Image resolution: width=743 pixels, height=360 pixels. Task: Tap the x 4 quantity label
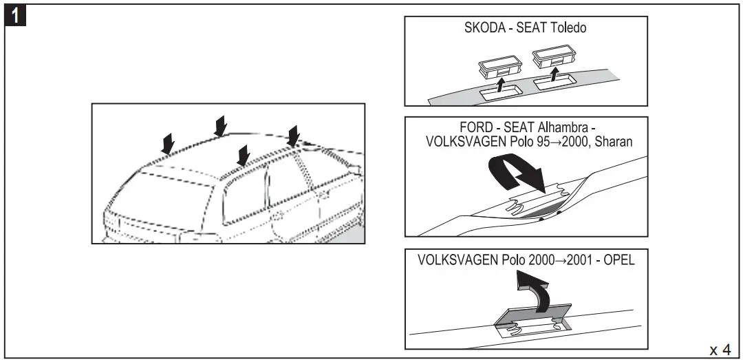(x=720, y=350)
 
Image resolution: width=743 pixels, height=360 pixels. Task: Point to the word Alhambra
(x=563, y=129)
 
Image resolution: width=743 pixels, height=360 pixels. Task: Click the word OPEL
(x=617, y=262)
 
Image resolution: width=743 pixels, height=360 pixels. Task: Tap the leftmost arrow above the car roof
(x=167, y=143)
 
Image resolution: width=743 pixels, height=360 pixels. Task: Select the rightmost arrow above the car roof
(x=294, y=136)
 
